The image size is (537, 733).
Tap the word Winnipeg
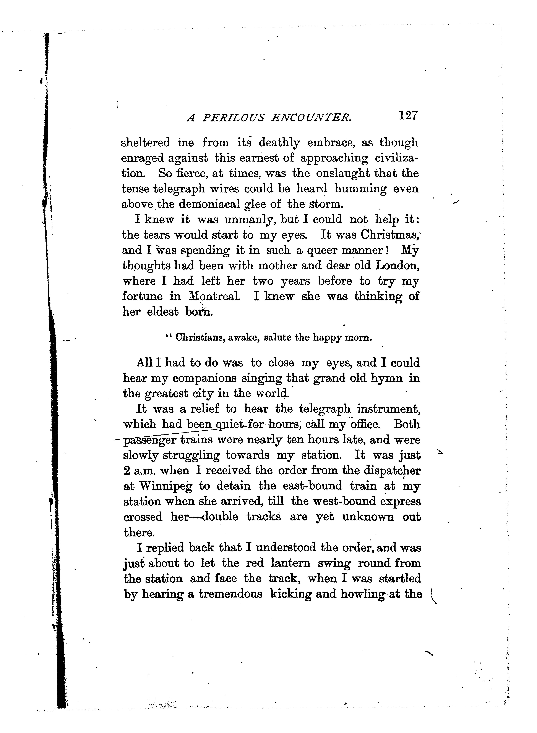coord(166,486)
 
